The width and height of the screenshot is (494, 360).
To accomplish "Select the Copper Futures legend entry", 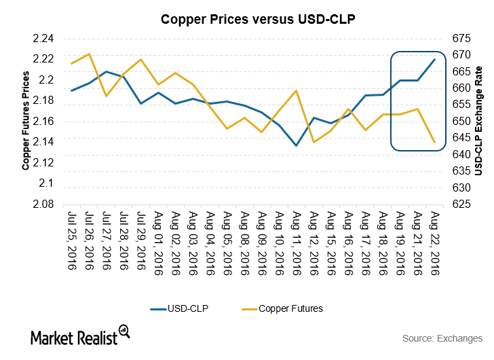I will [x=282, y=308].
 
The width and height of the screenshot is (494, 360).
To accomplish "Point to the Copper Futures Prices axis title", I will [x=26, y=122].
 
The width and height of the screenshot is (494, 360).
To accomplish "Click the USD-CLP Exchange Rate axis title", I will [x=479, y=122].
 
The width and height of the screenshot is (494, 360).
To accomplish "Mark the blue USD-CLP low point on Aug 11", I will [x=296, y=145].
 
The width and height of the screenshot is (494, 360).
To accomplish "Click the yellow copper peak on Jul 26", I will [x=89, y=54].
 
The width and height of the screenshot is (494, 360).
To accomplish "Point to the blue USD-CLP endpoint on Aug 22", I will [x=434, y=60].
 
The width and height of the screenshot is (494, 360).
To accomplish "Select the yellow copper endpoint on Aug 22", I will [x=434, y=142].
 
